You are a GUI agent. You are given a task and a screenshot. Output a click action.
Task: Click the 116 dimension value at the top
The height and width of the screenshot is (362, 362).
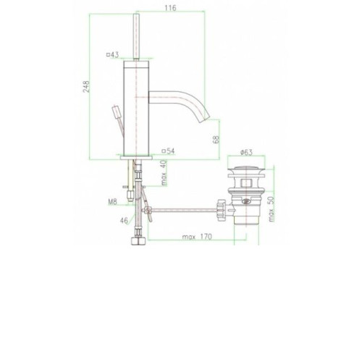(x=171, y=8)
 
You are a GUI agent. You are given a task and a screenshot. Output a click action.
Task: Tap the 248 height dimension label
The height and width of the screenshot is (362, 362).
(x=86, y=86)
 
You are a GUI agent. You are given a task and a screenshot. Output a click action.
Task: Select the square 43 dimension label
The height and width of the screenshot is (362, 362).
(x=112, y=55)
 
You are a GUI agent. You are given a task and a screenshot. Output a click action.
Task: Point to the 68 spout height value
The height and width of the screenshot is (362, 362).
(x=216, y=139)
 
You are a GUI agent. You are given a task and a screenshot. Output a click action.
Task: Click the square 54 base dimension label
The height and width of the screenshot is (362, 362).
(x=168, y=151)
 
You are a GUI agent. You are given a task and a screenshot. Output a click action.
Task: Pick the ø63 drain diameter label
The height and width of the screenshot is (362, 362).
(x=246, y=152)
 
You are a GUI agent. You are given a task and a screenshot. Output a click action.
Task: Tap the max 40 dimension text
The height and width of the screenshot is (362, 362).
(x=164, y=173)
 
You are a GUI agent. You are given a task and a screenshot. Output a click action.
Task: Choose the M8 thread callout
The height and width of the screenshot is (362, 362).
(x=112, y=201)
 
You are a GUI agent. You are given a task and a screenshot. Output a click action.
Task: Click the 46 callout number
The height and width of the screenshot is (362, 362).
(x=124, y=221)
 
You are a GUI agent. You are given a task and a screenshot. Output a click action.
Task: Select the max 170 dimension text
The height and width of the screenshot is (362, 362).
(x=197, y=237)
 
